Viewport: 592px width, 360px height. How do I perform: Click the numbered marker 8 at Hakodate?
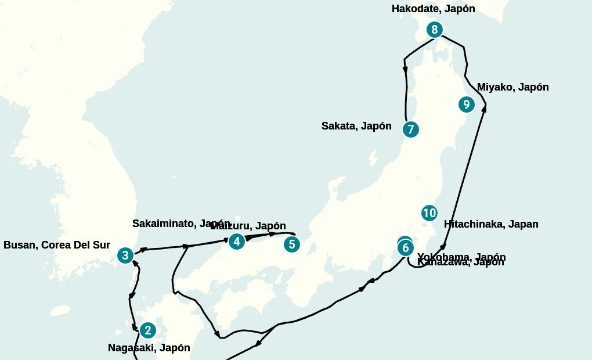click(x=434, y=30)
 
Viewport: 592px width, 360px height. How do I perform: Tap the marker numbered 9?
click(x=466, y=105)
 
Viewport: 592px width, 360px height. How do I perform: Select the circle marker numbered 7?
click(x=410, y=129)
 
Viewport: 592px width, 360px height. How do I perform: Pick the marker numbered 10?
click(x=429, y=213)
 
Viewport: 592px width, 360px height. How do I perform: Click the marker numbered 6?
click(x=406, y=248)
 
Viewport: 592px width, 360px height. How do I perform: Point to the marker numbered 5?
click(x=292, y=244)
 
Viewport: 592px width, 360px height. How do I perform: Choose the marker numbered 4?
click(x=236, y=242)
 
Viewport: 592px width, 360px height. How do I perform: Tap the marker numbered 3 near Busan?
click(x=125, y=255)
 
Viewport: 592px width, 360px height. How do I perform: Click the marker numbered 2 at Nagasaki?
click(x=147, y=330)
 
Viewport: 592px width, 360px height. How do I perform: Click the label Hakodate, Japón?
click(x=433, y=9)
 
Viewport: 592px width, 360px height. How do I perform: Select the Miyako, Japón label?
click(x=512, y=87)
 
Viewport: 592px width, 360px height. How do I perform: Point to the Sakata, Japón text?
click(x=356, y=126)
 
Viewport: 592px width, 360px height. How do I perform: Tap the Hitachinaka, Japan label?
click(x=491, y=224)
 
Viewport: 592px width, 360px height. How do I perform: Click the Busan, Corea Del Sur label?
click(x=57, y=245)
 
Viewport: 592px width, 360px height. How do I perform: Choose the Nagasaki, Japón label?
click(x=149, y=348)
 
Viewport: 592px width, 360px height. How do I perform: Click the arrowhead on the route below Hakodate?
click(x=405, y=70)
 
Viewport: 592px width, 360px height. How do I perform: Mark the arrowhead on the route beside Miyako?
click(x=484, y=107)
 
